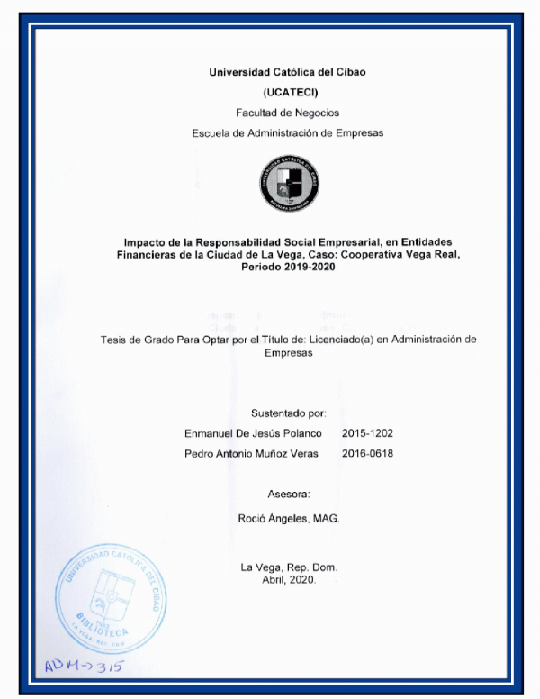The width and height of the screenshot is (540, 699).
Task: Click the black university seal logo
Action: (x=288, y=183)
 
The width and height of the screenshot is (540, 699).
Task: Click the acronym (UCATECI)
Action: (x=288, y=92)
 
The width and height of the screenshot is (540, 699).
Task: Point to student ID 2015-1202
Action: (x=367, y=433)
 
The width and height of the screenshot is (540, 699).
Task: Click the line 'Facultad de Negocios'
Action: (x=288, y=113)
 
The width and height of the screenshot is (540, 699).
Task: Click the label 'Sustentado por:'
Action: (x=288, y=413)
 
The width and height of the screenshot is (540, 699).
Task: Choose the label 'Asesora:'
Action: (x=288, y=495)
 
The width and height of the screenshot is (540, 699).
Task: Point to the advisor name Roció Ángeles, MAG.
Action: (x=288, y=520)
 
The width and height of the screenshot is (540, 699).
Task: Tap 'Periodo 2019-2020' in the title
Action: (x=288, y=270)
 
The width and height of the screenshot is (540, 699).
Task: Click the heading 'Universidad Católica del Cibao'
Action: (x=288, y=71)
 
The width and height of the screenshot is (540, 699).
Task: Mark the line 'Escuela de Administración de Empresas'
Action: (x=288, y=132)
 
